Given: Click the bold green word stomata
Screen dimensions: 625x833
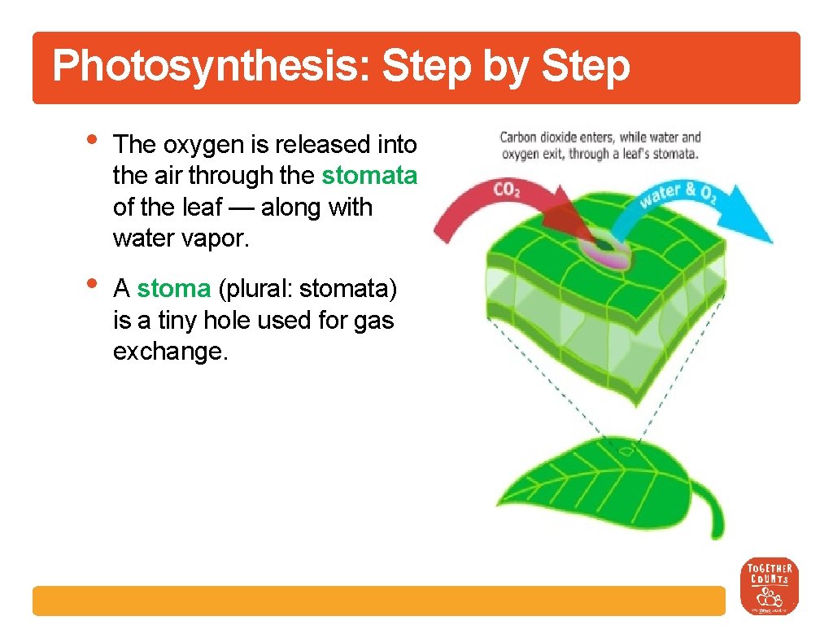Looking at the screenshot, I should [369, 176].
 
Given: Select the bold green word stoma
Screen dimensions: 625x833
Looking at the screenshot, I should [173, 289].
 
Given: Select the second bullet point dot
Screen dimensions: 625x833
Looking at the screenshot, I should [92, 282].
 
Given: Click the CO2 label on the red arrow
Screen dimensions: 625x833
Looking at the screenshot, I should [506, 190].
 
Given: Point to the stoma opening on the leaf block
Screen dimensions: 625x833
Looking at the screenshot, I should [604, 243].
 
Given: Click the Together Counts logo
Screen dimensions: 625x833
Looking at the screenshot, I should [769, 586].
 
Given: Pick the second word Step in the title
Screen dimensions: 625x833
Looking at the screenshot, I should [583, 67].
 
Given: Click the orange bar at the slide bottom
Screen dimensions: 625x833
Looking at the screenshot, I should [378, 601].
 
